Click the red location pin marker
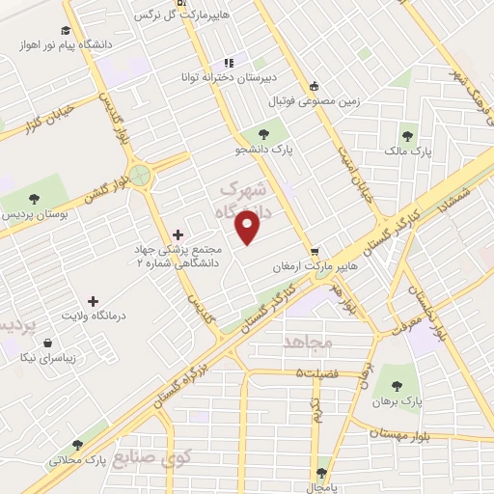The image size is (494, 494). [x=249, y=227]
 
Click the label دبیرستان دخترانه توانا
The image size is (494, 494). [x=229, y=76]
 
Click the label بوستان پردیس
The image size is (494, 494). [x=40, y=212]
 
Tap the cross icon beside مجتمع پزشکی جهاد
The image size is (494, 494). [x=178, y=233]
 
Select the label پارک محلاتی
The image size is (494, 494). [x=75, y=460]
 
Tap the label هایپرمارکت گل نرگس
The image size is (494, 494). [x=145, y=16]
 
